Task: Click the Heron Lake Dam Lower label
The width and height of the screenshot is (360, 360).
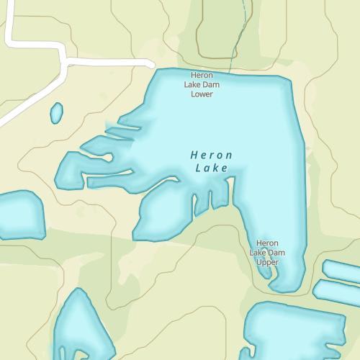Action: pos(202,84)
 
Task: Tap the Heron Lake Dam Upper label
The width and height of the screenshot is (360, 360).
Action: pos(267,253)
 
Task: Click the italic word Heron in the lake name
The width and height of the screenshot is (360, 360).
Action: pos(212,155)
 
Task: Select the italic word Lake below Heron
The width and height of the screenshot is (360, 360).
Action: pos(212,168)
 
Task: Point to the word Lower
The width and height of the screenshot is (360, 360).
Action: pos(202,94)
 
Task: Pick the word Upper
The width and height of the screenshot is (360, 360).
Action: pos(267,262)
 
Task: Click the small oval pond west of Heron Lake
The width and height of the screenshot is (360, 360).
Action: pos(56,112)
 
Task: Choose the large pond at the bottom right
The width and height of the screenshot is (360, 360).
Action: pos(295,331)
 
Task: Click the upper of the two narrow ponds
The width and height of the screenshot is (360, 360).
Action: pos(343,271)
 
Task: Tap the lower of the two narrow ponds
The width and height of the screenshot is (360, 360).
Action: pos(337,291)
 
